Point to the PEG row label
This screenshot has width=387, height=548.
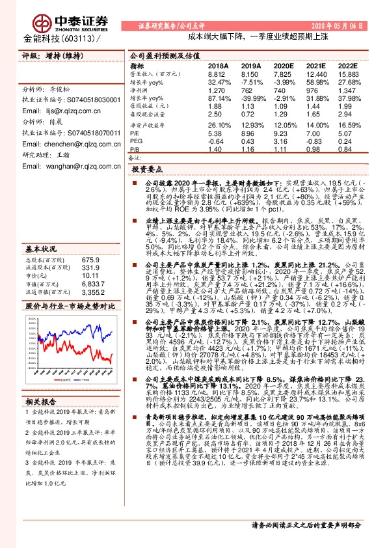point(136,140)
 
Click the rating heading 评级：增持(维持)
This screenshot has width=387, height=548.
point(49,57)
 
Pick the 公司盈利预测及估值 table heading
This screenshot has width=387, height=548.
point(165,56)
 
